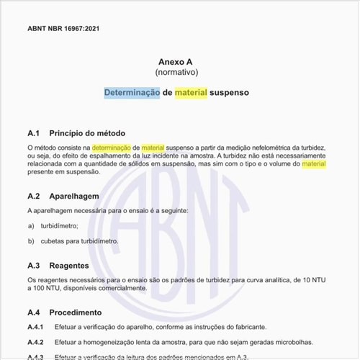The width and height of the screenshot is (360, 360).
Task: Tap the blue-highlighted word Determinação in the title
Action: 131,94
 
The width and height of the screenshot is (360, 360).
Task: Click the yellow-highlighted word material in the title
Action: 190,94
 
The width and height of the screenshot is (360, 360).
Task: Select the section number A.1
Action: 33,133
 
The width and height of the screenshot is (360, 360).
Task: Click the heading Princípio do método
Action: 87,133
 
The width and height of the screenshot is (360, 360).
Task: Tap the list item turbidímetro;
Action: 62,225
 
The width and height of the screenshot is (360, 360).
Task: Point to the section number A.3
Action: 33,265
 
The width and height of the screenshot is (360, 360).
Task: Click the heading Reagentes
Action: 74,265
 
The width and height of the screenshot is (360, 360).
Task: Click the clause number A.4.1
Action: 35,326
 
